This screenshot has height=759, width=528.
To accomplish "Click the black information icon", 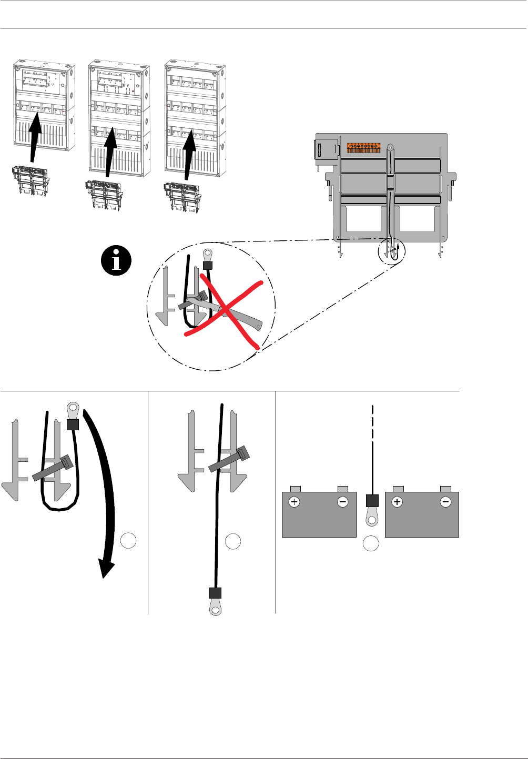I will (x=117, y=260).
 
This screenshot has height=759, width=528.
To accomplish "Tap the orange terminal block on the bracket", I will (x=363, y=147).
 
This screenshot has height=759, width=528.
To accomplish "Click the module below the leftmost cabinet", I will (x=30, y=180).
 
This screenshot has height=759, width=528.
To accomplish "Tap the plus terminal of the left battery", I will (x=294, y=502).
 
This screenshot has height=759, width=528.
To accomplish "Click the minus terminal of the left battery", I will (x=343, y=502).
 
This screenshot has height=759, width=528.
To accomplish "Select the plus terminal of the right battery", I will (x=397, y=502).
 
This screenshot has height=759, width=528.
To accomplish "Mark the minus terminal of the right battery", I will (x=445, y=502).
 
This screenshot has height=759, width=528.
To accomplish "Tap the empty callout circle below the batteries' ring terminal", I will (x=371, y=543).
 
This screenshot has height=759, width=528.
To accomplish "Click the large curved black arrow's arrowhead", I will (x=107, y=569).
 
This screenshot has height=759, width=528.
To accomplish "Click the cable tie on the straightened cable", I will (x=229, y=459).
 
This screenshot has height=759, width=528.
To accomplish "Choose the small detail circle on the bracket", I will (x=392, y=252).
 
